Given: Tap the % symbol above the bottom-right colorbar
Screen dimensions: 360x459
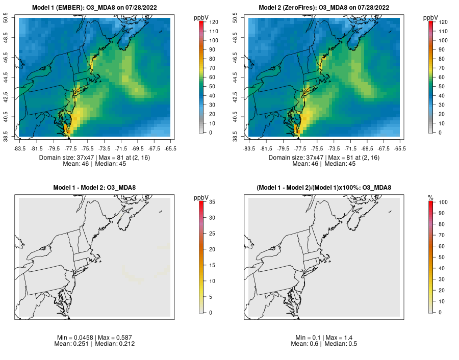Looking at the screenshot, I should pos(430,197).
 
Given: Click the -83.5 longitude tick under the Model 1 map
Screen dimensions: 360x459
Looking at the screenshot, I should pos(19,148).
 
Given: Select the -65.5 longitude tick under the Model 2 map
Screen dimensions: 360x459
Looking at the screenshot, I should pos(400,148).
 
